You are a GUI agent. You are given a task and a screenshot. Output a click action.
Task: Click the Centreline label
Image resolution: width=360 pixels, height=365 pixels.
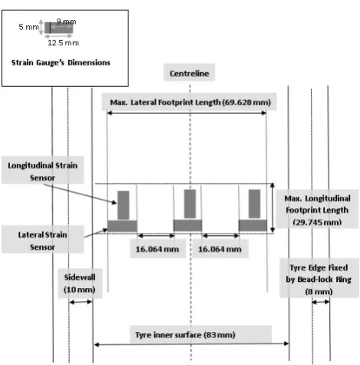[x=190, y=74]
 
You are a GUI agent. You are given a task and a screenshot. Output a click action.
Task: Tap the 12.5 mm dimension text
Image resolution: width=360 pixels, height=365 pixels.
[x=63, y=43]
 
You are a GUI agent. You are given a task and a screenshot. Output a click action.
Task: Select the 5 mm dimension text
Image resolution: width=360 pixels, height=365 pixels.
[x=28, y=27]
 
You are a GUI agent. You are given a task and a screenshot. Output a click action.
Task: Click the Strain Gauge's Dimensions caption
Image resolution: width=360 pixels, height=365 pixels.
[x=61, y=62]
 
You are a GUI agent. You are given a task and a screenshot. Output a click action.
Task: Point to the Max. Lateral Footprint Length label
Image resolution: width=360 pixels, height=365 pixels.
[x=190, y=102]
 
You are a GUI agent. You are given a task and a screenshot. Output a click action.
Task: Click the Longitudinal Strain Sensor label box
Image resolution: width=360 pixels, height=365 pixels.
[x=43, y=170]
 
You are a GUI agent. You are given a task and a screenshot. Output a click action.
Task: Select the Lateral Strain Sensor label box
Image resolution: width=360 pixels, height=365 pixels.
[x=43, y=239]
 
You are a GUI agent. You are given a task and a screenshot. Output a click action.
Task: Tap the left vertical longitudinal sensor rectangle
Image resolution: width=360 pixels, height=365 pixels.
[x=124, y=205]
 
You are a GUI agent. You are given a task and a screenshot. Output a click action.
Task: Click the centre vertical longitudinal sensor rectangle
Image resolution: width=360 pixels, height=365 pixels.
[x=190, y=204]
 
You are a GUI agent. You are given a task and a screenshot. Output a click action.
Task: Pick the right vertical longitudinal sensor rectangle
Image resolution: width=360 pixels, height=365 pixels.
[x=254, y=204]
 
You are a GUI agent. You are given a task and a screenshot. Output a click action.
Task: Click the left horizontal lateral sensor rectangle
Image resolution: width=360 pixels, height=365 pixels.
[x=122, y=226]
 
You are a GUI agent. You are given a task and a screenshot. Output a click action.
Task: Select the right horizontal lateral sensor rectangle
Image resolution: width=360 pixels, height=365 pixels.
[x=253, y=226]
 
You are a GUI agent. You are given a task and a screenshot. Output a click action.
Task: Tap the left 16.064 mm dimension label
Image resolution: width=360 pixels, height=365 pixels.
[x=157, y=249]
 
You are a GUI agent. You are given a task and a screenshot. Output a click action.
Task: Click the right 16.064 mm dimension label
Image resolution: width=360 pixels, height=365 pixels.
[x=220, y=249]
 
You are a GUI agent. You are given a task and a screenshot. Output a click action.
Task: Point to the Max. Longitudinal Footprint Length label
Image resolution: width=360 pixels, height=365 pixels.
[x=317, y=210]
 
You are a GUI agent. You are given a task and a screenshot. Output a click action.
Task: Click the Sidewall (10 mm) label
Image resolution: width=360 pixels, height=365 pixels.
[x=80, y=284]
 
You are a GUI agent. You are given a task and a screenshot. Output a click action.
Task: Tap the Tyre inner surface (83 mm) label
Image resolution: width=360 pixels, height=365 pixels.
[x=185, y=335]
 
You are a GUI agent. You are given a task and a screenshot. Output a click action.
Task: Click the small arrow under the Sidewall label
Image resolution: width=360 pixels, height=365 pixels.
[x=81, y=302]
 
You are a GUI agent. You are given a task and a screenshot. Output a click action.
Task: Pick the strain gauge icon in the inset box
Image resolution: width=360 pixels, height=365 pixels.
[x=59, y=28]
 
